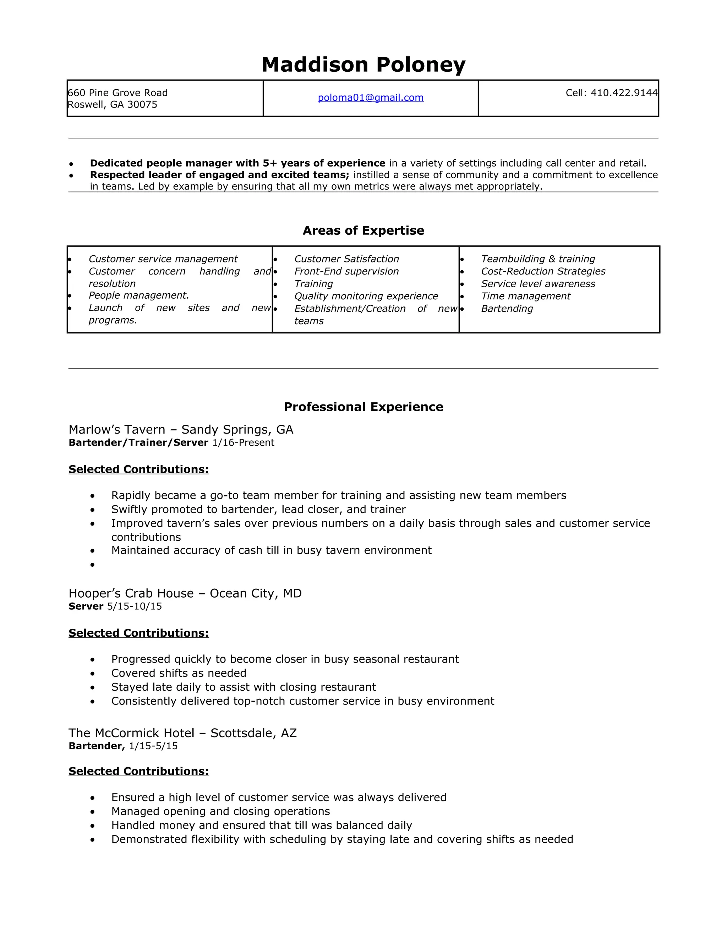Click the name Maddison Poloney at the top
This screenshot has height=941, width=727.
point(363,65)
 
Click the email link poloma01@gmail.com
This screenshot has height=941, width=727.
point(370,98)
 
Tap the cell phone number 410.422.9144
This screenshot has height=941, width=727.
point(624,93)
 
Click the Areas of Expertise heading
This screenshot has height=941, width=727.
point(363,230)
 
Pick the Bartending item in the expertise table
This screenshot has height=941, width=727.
point(507,309)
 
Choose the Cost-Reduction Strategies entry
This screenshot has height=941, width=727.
point(543,271)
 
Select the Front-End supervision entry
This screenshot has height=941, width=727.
point(346,271)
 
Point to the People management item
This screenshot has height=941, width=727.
point(139,295)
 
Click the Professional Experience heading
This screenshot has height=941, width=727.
point(363,407)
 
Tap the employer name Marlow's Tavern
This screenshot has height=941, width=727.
point(117,430)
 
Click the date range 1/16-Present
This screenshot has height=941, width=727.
point(243,442)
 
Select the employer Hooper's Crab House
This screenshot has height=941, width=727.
point(131,593)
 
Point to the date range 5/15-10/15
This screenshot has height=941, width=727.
point(135,606)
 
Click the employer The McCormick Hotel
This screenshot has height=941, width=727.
point(131,733)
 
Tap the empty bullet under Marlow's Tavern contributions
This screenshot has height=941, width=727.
point(93,565)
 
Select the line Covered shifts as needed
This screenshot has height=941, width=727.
point(179,673)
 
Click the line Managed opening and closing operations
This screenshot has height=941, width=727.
point(220,811)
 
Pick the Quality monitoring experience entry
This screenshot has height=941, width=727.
point(366,297)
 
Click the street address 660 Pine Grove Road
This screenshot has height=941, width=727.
point(117,93)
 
